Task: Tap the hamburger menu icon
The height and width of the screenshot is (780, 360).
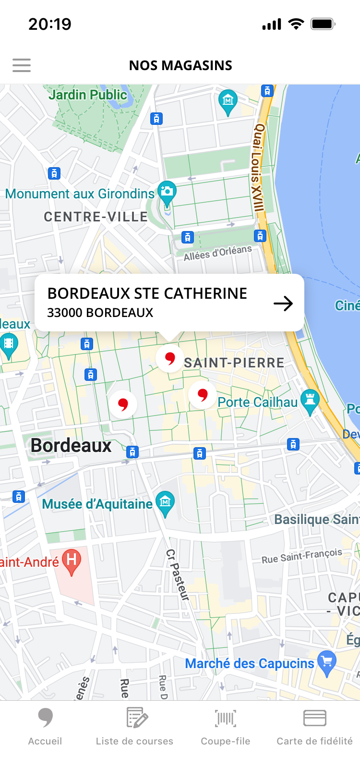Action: tap(22, 65)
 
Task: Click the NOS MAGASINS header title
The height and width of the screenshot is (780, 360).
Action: tap(180, 65)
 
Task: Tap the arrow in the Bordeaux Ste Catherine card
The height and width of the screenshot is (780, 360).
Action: tap(283, 304)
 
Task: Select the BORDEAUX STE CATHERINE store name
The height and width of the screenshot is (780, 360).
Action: tap(147, 293)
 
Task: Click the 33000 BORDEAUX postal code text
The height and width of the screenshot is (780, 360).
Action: tap(100, 313)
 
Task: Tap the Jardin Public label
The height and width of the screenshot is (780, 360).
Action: tap(88, 95)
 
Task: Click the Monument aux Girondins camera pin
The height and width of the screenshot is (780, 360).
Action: tap(167, 192)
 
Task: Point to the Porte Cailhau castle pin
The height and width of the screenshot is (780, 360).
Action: tap(310, 401)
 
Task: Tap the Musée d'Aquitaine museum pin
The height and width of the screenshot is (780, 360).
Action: tap(165, 503)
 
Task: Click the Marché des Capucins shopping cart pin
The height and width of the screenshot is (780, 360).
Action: tap(327, 662)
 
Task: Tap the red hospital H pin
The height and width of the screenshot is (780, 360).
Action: tap(72, 561)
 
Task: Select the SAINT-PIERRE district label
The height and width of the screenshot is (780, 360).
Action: tap(234, 363)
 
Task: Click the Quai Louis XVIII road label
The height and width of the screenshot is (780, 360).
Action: tap(258, 168)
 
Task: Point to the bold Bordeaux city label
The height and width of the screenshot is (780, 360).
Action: tap(71, 446)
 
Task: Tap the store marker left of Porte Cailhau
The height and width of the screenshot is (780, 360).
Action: tap(203, 395)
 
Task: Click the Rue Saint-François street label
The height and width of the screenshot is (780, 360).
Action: tap(302, 556)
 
